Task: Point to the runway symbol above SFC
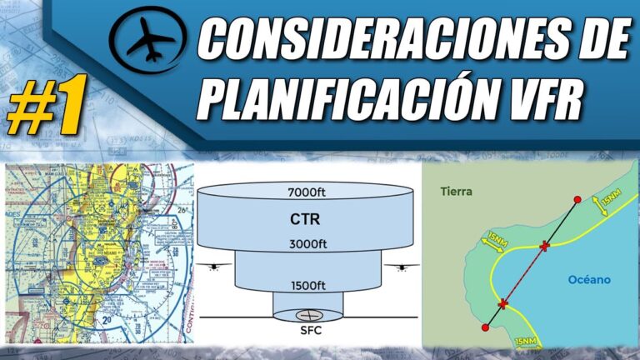coord(308,316)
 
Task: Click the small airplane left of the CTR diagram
coord(215,267)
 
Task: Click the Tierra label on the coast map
coord(456,192)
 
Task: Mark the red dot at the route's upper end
coord(577,200)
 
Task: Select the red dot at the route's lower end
coord(486,327)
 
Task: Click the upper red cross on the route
coord(545,246)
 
